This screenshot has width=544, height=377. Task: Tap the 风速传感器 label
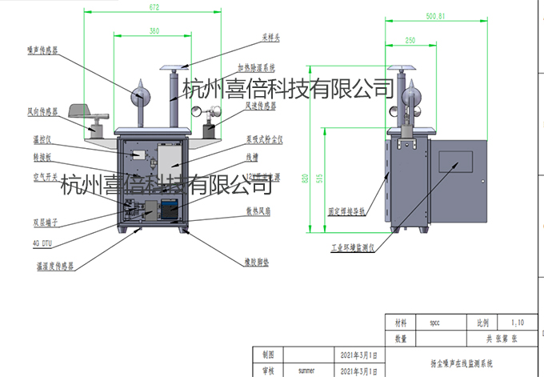[260, 105]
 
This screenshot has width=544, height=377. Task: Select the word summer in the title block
[306, 371]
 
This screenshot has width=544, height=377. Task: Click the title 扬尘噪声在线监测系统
[462, 363]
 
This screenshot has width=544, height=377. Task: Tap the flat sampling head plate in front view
[175, 66]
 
